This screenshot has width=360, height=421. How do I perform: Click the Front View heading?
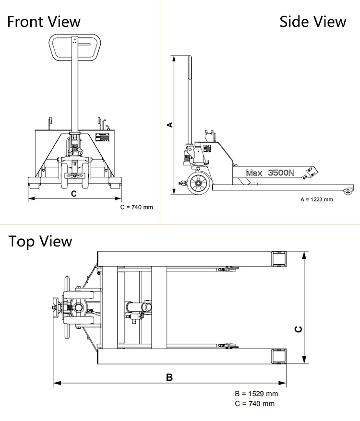[x=44, y=22]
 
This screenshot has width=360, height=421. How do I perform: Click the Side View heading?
[x=312, y=22]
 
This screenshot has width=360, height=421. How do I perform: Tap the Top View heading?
[x=40, y=241]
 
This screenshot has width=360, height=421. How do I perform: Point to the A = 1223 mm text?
[x=316, y=199]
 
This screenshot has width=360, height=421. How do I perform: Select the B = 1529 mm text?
[x=256, y=394]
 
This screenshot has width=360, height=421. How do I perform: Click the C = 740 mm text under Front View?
[x=137, y=207]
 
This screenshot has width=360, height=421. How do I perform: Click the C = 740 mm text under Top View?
[x=255, y=404]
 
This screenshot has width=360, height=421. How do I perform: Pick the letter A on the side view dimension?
[x=169, y=125]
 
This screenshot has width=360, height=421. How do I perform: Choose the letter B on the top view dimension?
[x=169, y=377]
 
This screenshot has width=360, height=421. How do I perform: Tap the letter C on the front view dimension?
[x=73, y=194]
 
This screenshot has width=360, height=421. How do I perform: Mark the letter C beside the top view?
[x=298, y=329]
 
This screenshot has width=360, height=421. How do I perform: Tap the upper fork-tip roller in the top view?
[x=279, y=259]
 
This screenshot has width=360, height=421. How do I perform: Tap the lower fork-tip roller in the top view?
[x=279, y=357]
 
